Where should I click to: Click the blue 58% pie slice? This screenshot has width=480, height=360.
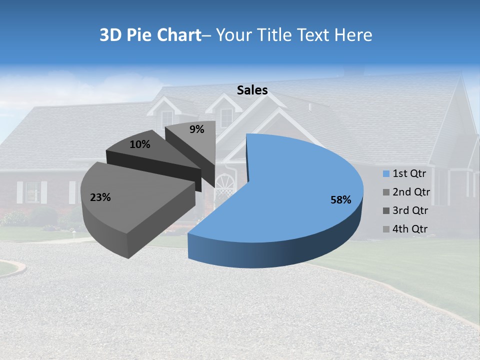(x=300, y=190)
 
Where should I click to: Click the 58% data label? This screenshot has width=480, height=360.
(x=340, y=200)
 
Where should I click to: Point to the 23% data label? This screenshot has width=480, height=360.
(x=100, y=197)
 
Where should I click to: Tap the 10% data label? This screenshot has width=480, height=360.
(x=139, y=144)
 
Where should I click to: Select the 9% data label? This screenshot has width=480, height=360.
(x=197, y=129)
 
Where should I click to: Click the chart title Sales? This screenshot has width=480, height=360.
(x=252, y=90)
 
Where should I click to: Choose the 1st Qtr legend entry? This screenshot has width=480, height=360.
(x=409, y=173)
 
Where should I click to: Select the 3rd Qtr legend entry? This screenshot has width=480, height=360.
(x=410, y=210)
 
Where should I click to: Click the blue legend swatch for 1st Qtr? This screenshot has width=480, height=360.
(x=386, y=174)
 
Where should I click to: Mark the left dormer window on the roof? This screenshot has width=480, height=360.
(x=166, y=118)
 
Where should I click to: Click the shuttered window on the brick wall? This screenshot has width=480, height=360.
(x=32, y=192)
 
